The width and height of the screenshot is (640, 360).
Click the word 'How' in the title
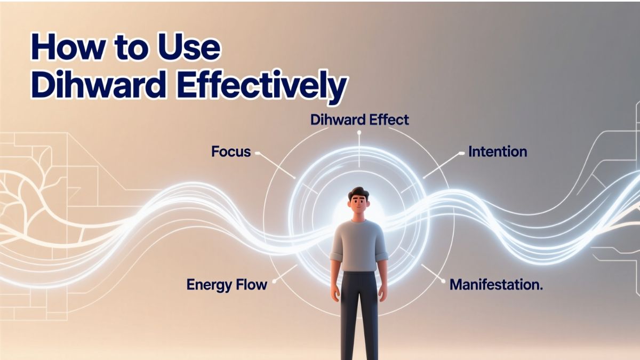click(67, 46)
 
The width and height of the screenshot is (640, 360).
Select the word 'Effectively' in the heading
click(261, 86)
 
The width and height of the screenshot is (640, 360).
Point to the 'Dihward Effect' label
click(359, 119)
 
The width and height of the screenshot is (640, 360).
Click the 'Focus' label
click(231, 151)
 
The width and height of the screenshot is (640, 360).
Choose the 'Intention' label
click(498, 151)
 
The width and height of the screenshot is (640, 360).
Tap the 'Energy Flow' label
click(227, 285)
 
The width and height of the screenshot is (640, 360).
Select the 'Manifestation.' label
click(496, 285)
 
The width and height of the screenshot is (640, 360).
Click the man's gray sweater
click(359, 246)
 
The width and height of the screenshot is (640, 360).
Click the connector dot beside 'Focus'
click(257, 153)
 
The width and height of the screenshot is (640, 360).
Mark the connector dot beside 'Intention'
click(461, 154)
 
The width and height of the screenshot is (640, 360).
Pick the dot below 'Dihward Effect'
click(359, 132)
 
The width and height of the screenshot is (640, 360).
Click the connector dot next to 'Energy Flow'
click(274, 282)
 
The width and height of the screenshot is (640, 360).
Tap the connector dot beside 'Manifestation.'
click(443, 282)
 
